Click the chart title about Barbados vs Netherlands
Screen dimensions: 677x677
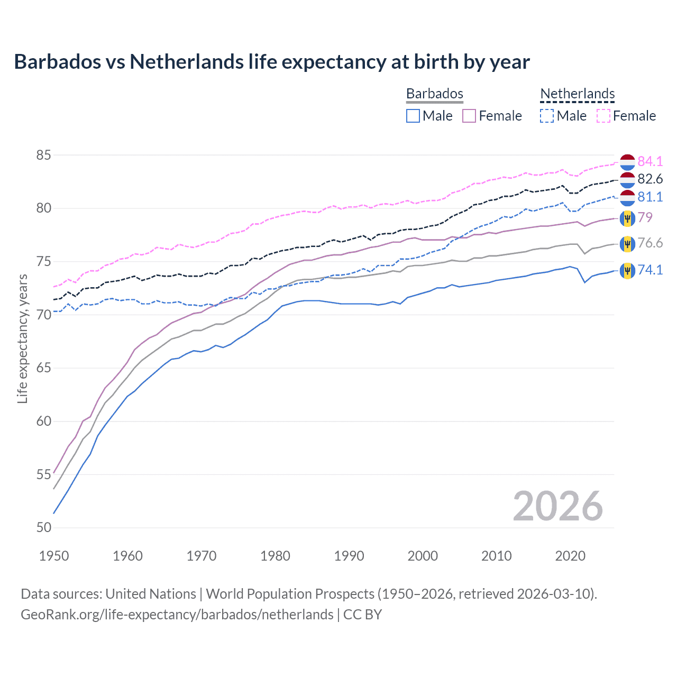272,62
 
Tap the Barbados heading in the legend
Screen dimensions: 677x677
434,94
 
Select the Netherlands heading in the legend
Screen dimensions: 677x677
577,94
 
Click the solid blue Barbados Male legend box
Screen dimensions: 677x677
413,116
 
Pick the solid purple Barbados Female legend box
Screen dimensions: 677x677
469,116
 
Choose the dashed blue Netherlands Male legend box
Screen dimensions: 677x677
547,116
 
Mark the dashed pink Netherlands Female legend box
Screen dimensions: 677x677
603,116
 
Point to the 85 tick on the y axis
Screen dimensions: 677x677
44,155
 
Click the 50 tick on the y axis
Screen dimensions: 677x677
44,527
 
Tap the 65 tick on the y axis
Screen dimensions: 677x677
44,368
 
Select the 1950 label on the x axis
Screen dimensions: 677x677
54,556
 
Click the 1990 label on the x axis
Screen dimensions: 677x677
349,556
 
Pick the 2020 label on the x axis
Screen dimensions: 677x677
570,556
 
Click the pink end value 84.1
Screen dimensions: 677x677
650,161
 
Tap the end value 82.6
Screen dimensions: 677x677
650,179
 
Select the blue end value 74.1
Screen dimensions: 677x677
650,270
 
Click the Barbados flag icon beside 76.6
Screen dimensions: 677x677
627,244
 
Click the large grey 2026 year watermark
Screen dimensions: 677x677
557,506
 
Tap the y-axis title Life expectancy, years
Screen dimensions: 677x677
22,338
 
